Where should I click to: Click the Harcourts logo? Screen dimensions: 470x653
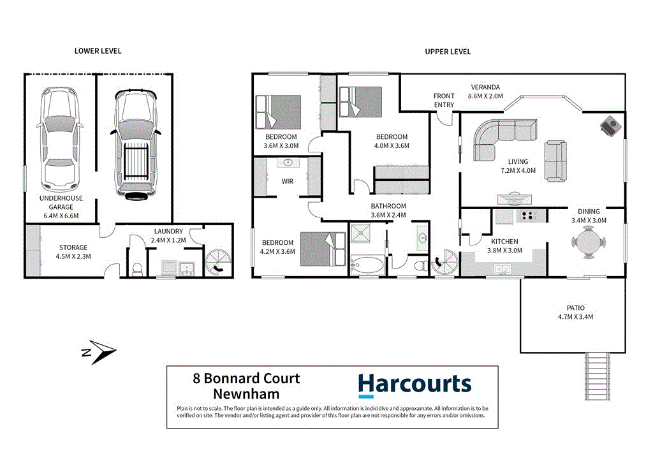point(415,384)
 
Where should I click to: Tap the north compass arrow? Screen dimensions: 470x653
point(98,351)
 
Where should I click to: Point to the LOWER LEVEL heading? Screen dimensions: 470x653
point(98,51)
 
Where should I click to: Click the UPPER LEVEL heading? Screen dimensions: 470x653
point(448,52)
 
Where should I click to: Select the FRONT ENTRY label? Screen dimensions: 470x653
point(444,100)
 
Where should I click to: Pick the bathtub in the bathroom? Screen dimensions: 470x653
point(366,263)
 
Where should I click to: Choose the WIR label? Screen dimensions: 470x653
point(287,180)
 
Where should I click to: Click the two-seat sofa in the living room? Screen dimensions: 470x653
point(556,161)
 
